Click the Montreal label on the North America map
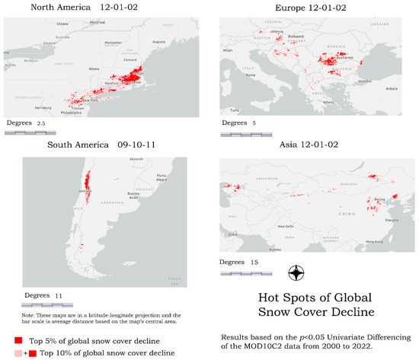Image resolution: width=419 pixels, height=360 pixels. pyautogui.click(x=98, y=22)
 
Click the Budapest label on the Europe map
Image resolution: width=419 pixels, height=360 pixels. pyautogui.click(x=297, y=36)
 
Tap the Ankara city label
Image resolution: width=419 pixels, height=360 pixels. pyautogui.click(x=391, y=88)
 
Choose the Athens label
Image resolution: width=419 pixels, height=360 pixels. pyautogui.click(x=327, y=101)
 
